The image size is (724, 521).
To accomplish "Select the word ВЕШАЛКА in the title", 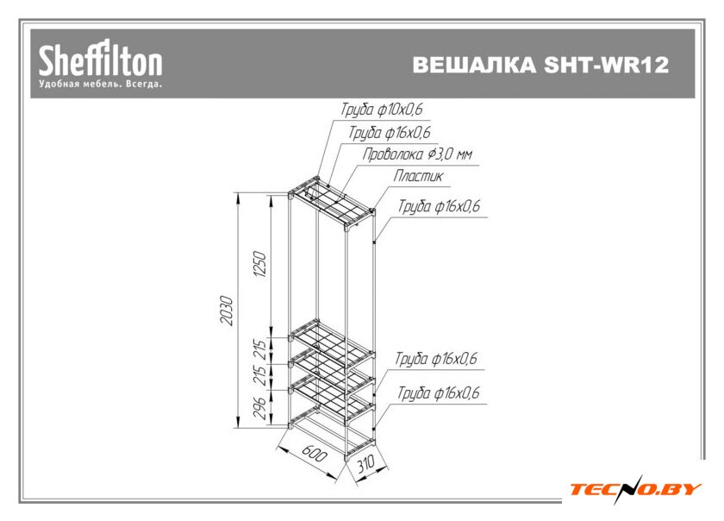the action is [x=474, y=64].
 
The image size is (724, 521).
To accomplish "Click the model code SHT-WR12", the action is [x=606, y=64].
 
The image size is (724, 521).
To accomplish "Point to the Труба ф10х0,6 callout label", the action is [x=382, y=109].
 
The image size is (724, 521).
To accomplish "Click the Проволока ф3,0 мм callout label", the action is [x=417, y=154].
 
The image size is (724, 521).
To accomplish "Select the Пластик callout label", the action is [x=418, y=176].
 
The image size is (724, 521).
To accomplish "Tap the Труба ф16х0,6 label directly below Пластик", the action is [x=439, y=205].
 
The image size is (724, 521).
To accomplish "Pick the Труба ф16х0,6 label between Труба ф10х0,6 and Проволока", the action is [x=390, y=132].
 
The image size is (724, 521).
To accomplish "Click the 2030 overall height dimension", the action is [x=226, y=311].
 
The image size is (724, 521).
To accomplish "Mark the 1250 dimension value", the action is [x=260, y=264].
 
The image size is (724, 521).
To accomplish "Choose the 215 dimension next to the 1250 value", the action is [x=260, y=350].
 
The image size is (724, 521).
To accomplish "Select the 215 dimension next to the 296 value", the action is [x=260, y=376].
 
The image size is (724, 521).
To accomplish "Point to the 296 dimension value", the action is [x=260, y=408].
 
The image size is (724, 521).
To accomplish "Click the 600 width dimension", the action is [x=314, y=454].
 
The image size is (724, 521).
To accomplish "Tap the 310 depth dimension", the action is [x=365, y=464].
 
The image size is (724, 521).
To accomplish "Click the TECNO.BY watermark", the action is [x=636, y=489].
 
